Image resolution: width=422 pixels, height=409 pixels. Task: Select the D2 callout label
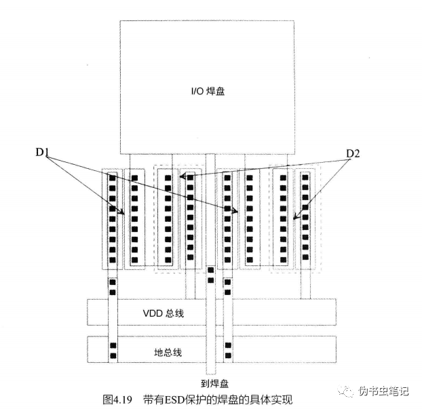[353, 154]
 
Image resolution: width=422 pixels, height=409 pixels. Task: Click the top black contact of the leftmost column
[113, 178]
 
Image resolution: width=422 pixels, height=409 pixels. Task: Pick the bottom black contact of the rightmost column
[305, 260]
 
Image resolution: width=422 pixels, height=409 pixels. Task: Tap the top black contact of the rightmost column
[305, 178]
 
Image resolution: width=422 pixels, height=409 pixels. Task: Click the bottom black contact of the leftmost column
[113, 260]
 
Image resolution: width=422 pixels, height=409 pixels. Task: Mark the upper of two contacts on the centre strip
[210, 271]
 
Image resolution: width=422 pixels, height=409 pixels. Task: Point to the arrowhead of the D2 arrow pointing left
[182, 177]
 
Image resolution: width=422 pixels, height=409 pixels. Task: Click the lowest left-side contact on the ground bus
[113, 355]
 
